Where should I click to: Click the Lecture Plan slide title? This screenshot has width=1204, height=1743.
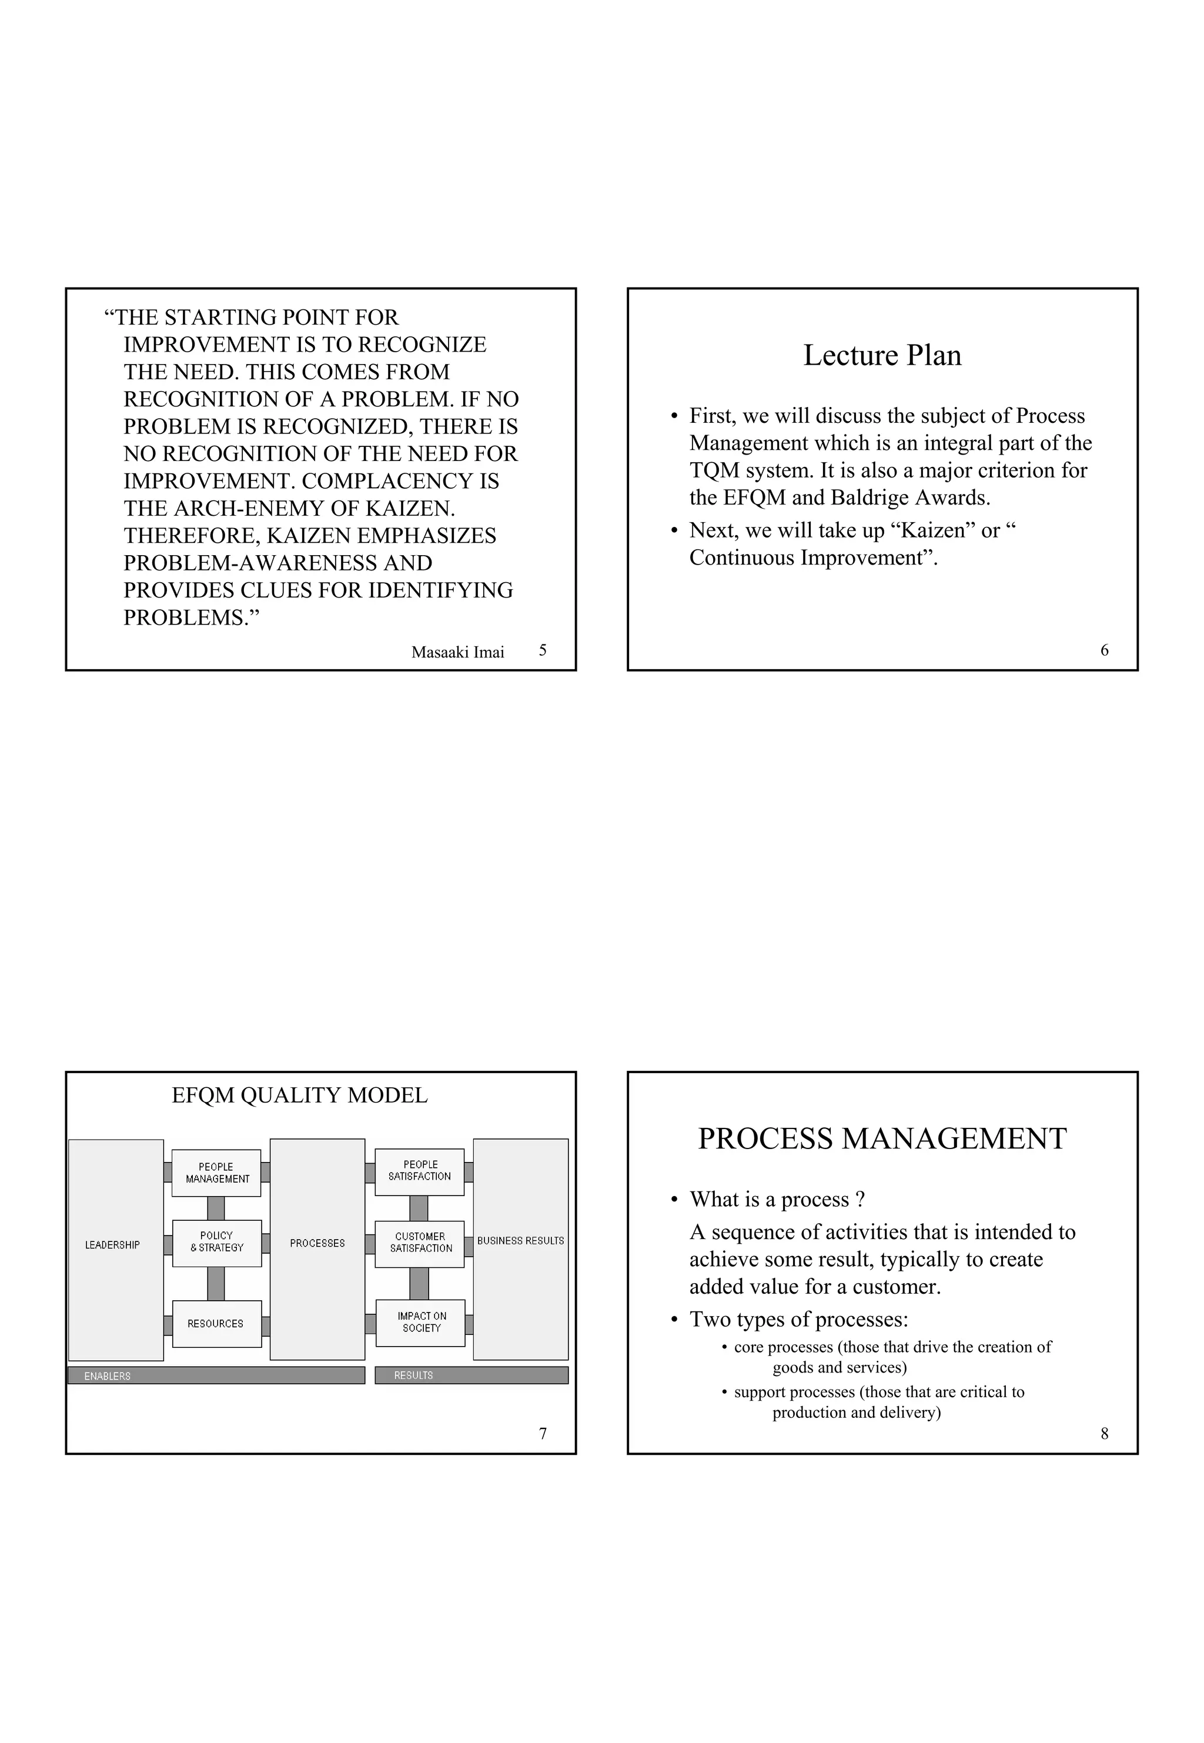[x=882, y=355]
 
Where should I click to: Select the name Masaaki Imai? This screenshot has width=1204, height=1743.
[x=457, y=652]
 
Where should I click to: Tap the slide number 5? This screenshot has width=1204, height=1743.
[x=543, y=650]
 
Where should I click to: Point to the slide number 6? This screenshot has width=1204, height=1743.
[x=1105, y=650]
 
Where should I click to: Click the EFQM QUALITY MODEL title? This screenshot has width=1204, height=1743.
[x=299, y=1095]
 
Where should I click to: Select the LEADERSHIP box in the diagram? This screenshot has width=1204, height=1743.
[x=112, y=1244]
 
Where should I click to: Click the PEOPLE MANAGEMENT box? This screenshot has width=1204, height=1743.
[x=216, y=1173]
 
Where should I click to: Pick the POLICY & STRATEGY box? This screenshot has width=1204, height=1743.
[x=216, y=1241]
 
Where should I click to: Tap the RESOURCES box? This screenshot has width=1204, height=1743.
[x=216, y=1324]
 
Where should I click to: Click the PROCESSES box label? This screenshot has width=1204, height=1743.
[x=317, y=1243]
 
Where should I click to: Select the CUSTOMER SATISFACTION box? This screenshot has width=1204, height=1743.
[x=420, y=1242]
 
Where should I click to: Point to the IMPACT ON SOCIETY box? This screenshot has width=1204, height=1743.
[x=421, y=1322]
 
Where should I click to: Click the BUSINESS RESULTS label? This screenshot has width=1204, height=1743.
[x=520, y=1240]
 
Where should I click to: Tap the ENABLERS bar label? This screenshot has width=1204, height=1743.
[x=107, y=1376]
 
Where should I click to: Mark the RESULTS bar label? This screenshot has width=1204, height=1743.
[x=413, y=1375]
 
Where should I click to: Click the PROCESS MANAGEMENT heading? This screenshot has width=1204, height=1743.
[x=882, y=1138]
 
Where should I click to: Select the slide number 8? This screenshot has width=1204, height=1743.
[x=1105, y=1434]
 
